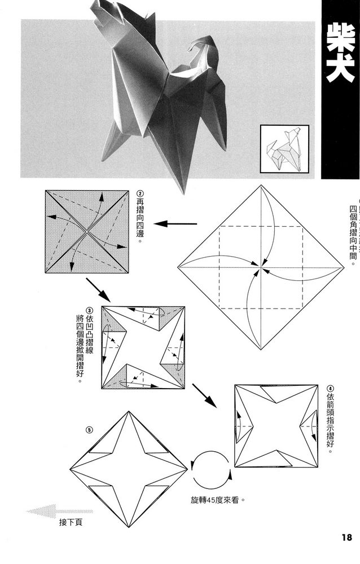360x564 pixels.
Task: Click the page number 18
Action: pyautogui.click(x=345, y=536)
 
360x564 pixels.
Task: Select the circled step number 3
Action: pyautogui.click(x=90, y=311)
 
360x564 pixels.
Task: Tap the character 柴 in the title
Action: pyautogui.click(x=340, y=41)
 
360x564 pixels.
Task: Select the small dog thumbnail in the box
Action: pyautogui.click(x=284, y=149)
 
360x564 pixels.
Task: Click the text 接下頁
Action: pyautogui.click(x=71, y=522)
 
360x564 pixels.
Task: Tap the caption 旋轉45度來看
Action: pyautogui.click(x=219, y=500)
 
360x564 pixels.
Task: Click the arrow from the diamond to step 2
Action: pyautogui.click(x=175, y=224)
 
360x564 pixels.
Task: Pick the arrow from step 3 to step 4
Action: pyautogui.click(x=204, y=395)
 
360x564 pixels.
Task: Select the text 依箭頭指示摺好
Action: pyautogui.click(x=330, y=423)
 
